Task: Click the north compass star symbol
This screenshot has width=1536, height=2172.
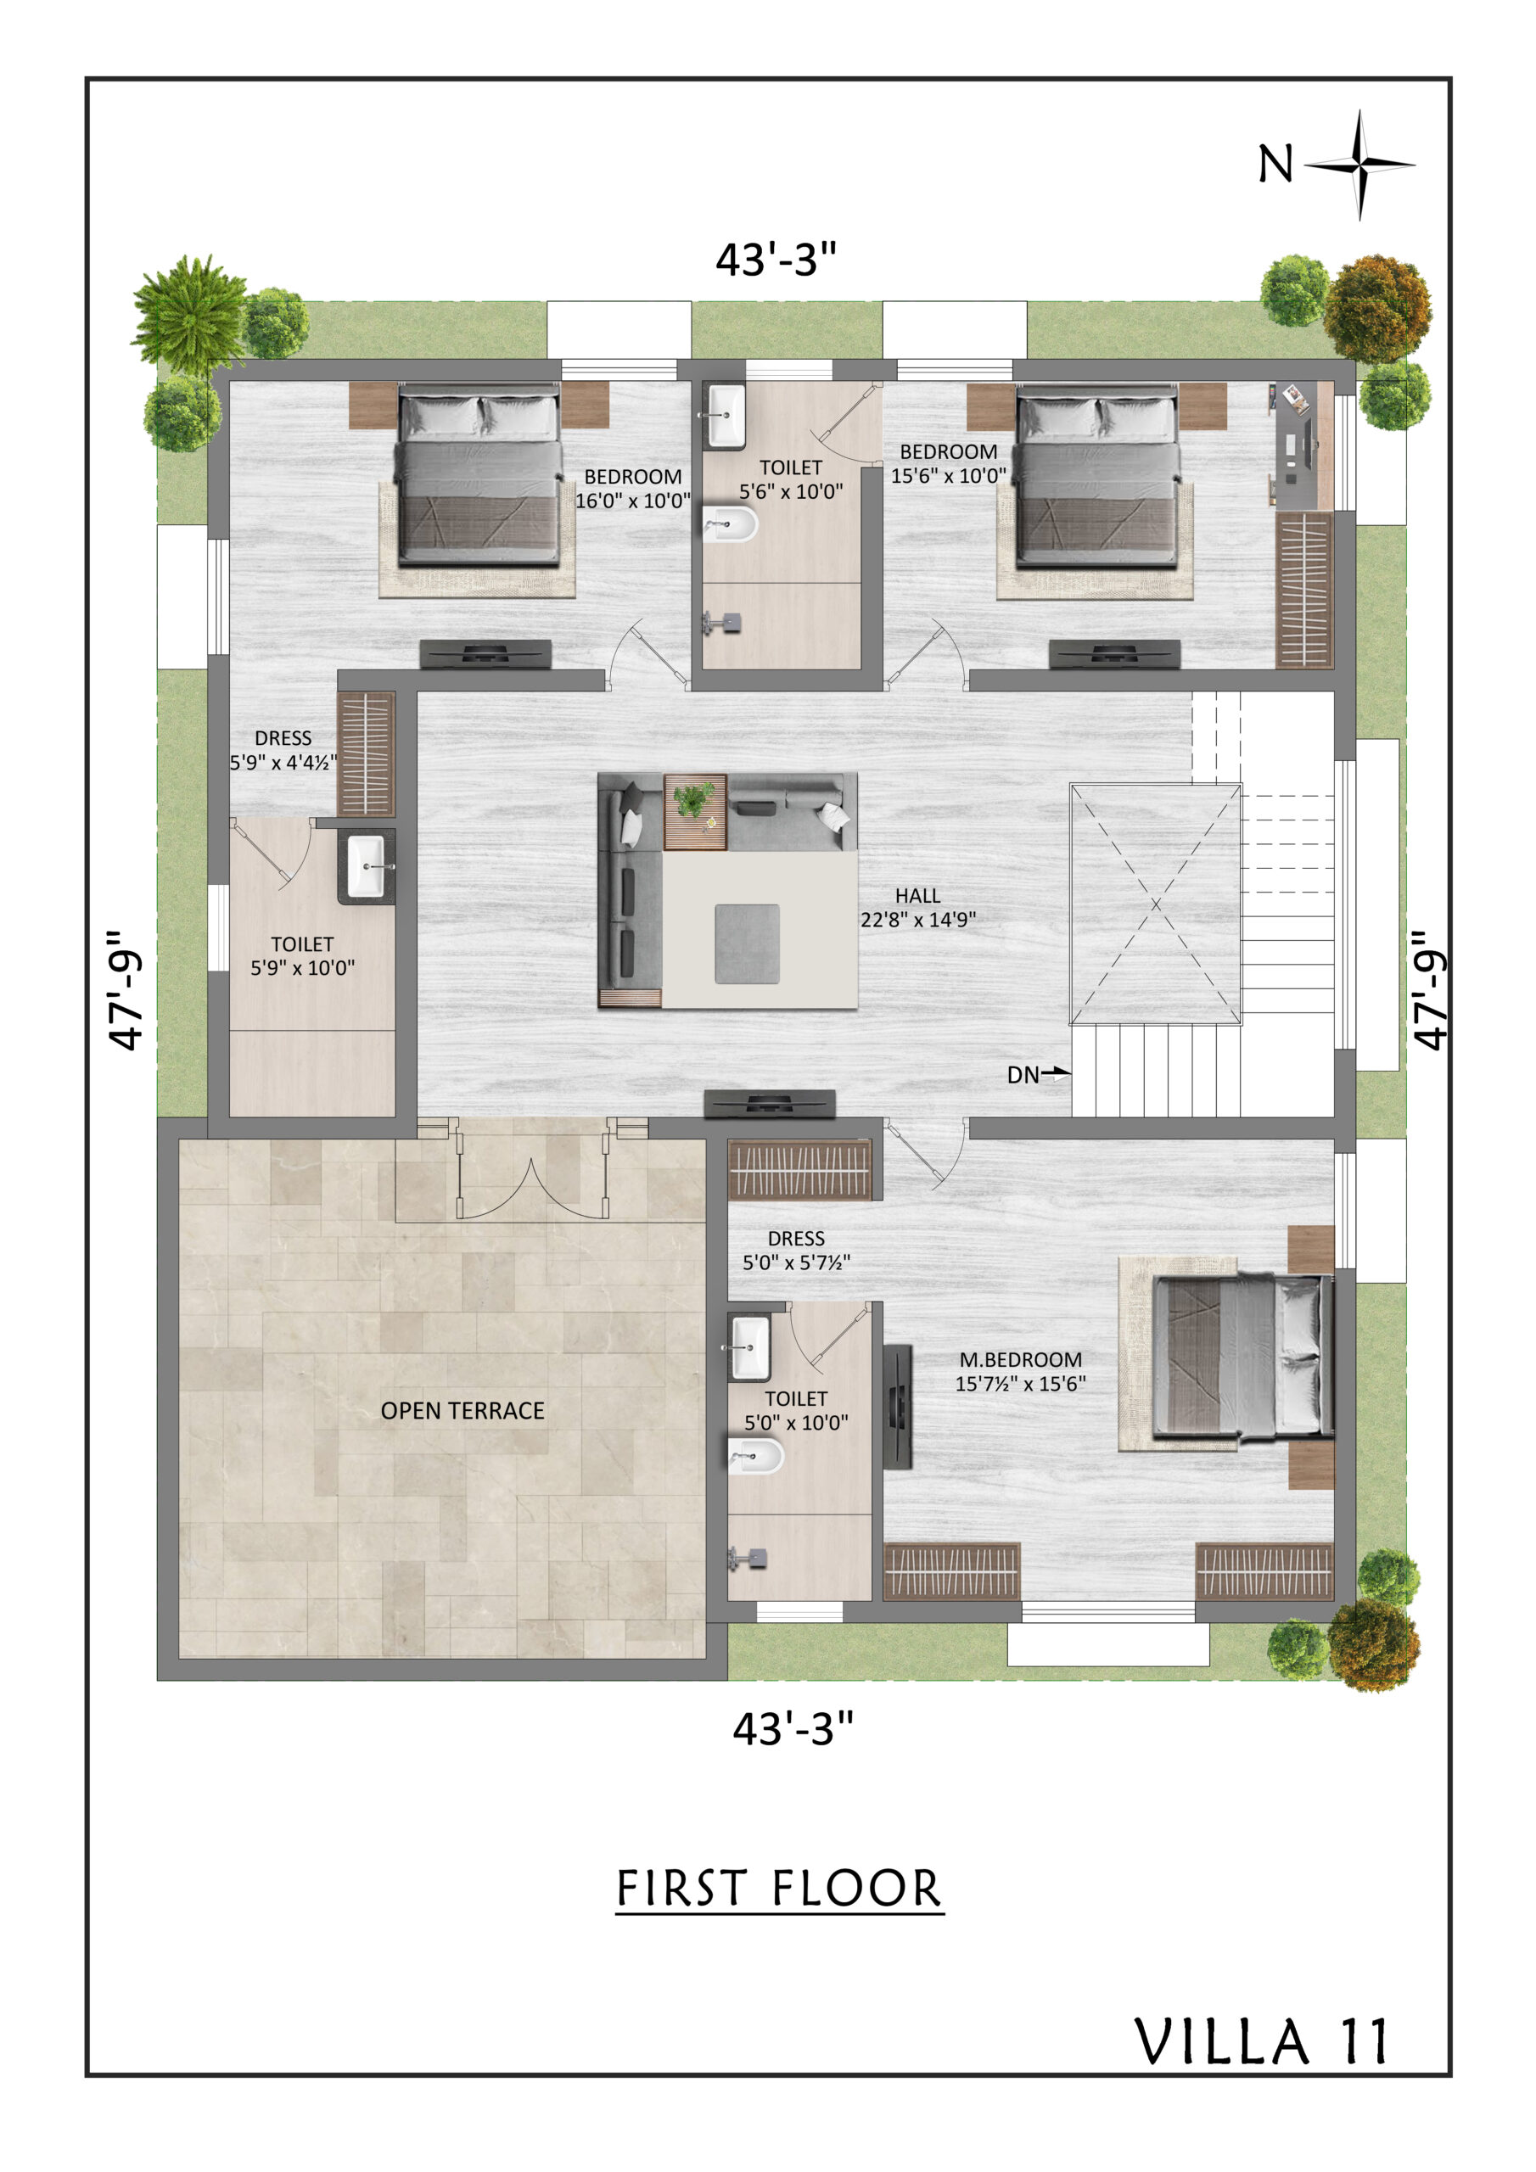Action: tap(1360, 165)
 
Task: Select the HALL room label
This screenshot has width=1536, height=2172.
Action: tap(917, 896)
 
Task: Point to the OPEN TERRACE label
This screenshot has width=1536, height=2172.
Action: tap(462, 1410)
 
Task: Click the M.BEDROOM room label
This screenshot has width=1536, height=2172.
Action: tap(1020, 1359)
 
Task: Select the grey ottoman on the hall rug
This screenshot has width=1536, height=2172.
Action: tap(747, 943)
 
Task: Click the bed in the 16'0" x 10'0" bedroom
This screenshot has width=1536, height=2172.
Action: tap(479, 476)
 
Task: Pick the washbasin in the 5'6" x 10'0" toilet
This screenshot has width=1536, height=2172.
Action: tap(725, 415)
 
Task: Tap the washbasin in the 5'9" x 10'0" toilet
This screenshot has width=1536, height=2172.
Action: tap(367, 865)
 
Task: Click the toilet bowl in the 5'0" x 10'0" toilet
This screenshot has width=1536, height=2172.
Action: tap(756, 1457)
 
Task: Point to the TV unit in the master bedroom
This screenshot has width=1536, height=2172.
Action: tap(896, 1407)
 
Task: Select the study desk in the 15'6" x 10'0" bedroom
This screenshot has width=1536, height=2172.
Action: tap(1304, 445)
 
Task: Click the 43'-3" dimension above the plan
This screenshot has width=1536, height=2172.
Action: tap(776, 260)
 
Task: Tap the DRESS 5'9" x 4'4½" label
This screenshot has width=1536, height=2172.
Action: tap(283, 750)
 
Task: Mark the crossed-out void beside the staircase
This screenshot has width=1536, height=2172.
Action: tap(1156, 904)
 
